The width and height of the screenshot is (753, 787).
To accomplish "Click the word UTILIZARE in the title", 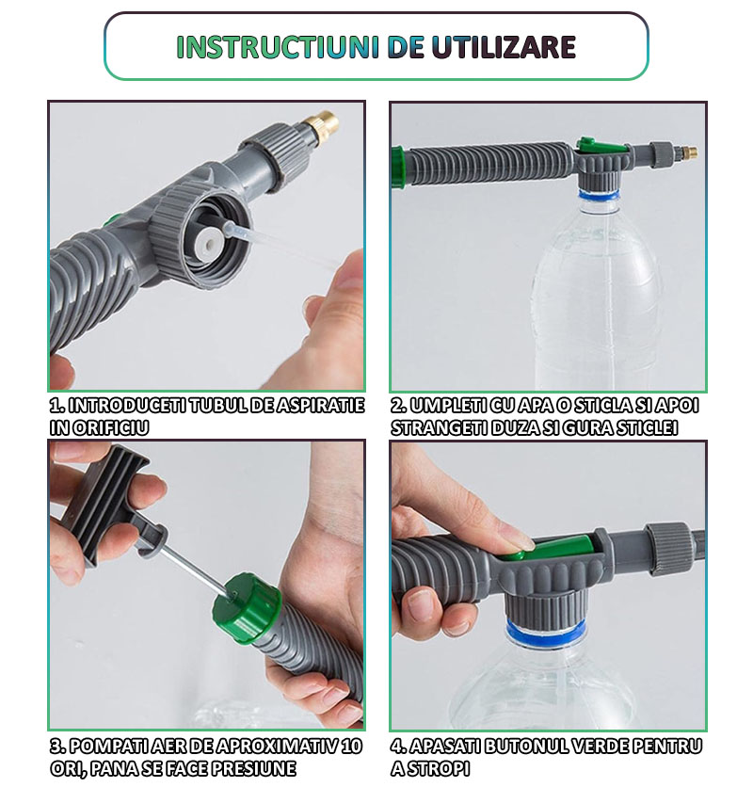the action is pyautogui.click(x=504, y=47).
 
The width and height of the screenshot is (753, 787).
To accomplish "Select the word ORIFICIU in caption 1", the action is pyautogui.click(x=111, y=427).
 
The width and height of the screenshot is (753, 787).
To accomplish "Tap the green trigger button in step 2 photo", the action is pyautogui.click(x=601, y=147).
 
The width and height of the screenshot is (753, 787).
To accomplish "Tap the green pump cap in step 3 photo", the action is pyautogui.click(x=247, y=607).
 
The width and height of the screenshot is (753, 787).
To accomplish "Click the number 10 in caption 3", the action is pyautogui.click(x=350, y=747).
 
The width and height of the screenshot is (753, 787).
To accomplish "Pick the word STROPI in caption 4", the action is pyautogui.click(x=437, y=768).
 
